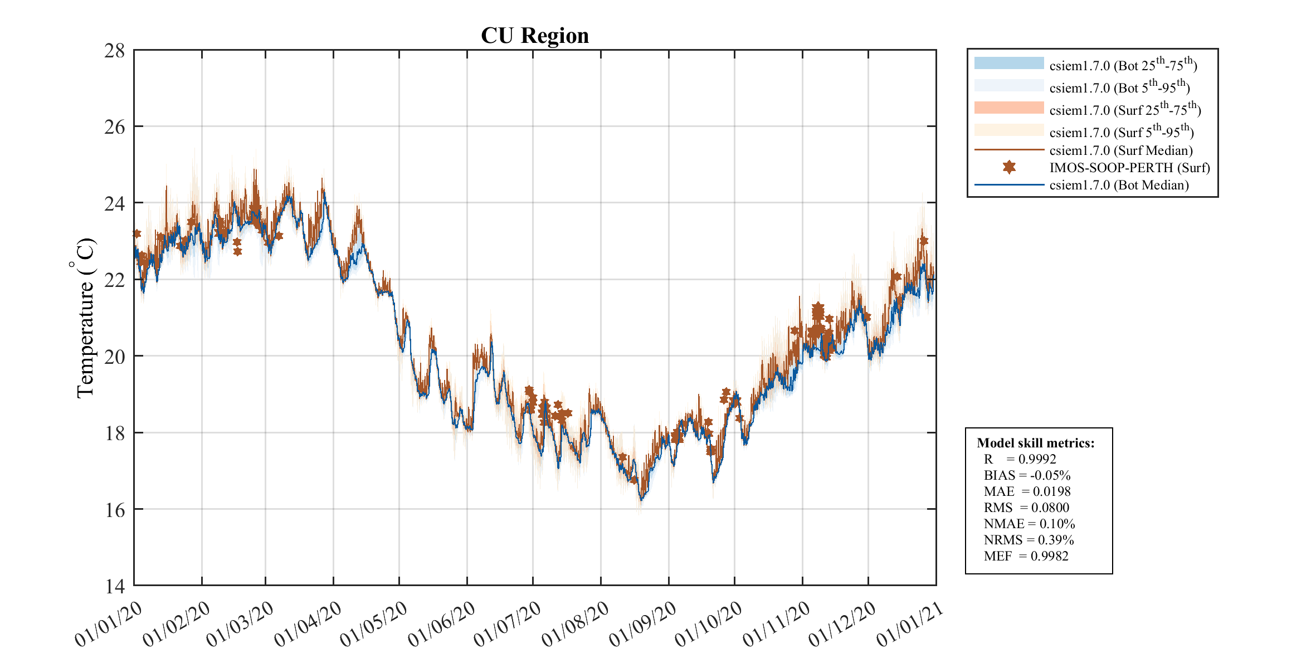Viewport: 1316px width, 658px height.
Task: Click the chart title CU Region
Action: coord(534,36)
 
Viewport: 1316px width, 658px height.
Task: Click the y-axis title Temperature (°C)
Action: coord(85,318)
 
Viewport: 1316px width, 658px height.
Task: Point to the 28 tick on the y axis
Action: coord(115,51)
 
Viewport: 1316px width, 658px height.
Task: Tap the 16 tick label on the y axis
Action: coord(115,510)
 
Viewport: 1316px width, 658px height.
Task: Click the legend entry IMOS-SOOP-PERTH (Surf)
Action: coord(1129,168)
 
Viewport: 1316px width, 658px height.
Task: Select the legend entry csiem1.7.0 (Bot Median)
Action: coord(1119,185)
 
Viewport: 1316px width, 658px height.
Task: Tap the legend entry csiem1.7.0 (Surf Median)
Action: coord(1120,150)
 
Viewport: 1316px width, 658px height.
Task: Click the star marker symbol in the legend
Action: coord(1009,167)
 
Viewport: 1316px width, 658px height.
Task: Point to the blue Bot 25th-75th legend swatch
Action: coord(1009,63)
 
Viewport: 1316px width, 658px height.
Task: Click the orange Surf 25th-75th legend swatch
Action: coord(1009,108)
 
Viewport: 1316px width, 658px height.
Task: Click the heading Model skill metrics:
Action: coord(1036,443)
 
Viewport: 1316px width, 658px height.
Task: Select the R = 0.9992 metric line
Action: coord(1020,459)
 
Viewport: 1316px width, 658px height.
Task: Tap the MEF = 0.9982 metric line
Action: coord(1026,556)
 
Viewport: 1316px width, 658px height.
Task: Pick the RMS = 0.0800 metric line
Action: coord(1026,508)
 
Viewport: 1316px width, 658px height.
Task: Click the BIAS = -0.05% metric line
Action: coord(1027,475)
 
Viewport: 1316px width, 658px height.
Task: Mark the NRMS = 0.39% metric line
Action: coord(1029,540)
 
